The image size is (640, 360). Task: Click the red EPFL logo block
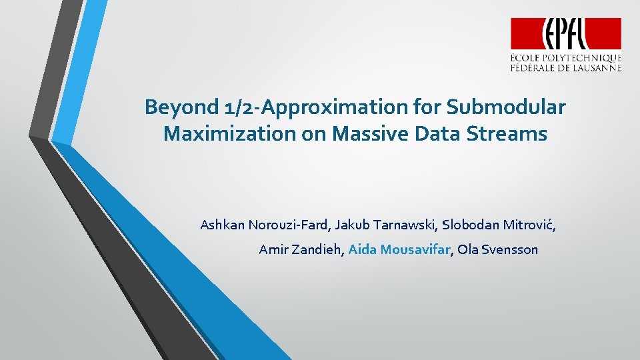point(566,33)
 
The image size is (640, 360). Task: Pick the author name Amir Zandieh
point(301,250)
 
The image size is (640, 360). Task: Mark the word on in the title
point(301,134)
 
